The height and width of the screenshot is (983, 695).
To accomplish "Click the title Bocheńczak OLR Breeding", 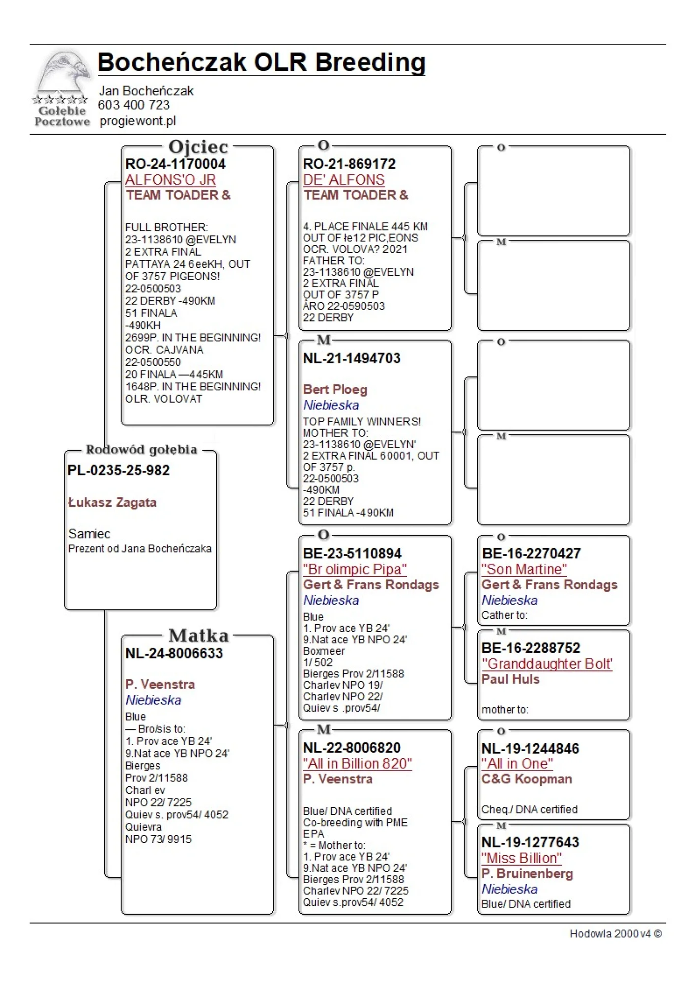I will point(261,63).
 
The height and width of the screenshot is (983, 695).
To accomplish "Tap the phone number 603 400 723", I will point(134,105).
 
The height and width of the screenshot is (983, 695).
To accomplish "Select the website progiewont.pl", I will point(138,121).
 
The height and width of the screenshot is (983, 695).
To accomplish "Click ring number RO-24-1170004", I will point(175,164).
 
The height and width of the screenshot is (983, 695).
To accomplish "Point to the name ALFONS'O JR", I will point(170,180).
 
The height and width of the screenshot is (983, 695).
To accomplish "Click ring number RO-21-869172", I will point(349,164).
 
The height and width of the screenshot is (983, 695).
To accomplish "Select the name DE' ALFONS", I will point(344,180).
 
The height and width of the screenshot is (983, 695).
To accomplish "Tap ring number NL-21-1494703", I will point(351,358).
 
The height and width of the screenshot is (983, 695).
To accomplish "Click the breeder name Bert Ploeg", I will point(335,390).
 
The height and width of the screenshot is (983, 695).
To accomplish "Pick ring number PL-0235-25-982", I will point(118,470).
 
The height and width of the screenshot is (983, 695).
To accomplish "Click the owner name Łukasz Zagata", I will point(112,502).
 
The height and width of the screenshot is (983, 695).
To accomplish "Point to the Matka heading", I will point(199,636).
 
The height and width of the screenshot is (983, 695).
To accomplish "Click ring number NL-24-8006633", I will point(174,653).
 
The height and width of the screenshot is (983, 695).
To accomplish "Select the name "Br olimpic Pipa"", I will point(354,569).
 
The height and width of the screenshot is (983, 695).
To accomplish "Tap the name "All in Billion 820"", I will point(357,763).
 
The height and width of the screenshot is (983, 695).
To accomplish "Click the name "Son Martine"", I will point(524,569).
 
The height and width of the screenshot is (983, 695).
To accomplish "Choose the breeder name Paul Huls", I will point(510,679).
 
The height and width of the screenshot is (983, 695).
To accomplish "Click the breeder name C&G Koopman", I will point(526,779).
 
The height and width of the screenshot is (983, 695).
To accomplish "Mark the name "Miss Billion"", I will point(521,858).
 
